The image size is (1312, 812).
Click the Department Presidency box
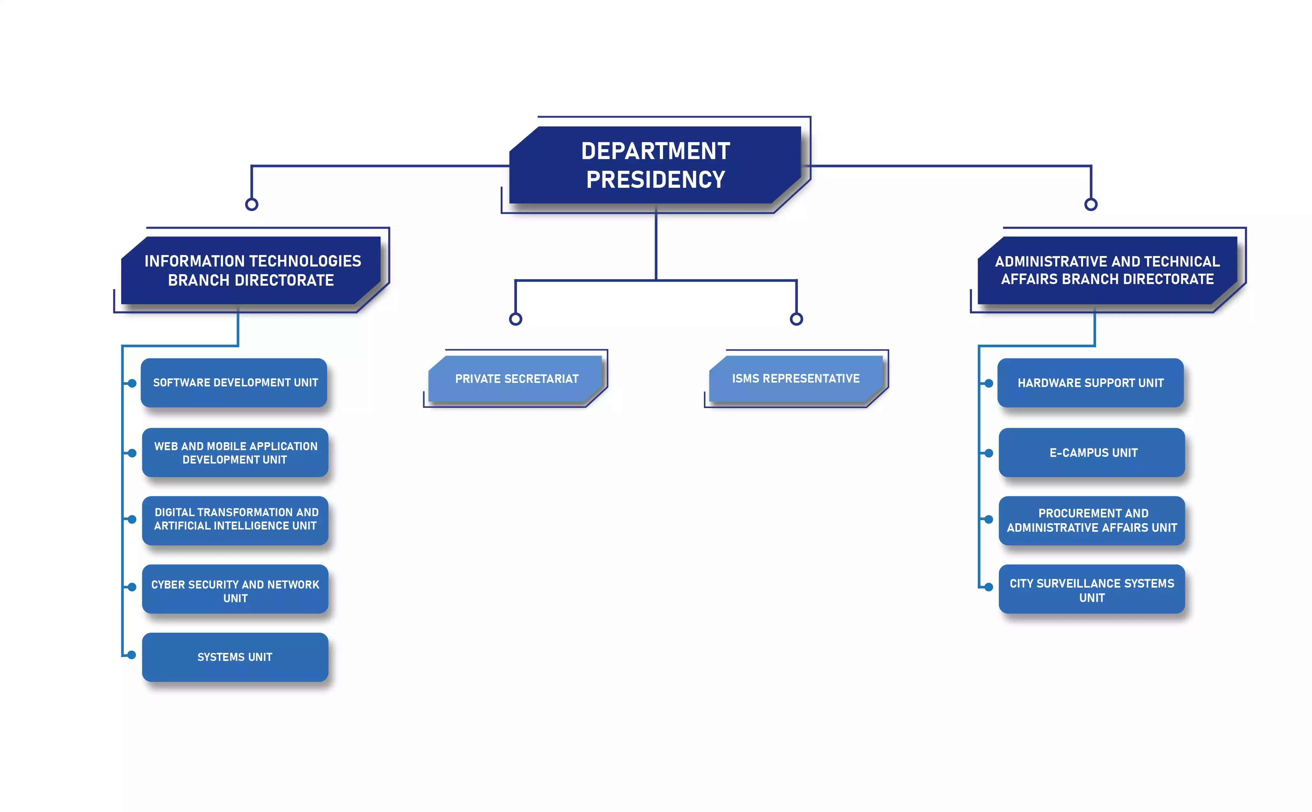pyautogui.click(x=655, y=165)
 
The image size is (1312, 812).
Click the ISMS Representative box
pyautogui.click(x=796, y=379)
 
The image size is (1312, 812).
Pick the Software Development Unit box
pyautogui.click(x=234, y=382)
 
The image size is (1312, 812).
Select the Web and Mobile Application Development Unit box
pyautogui.click(x=235, y=453)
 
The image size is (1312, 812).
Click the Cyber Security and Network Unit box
pyautogui.click(x=235, y=589)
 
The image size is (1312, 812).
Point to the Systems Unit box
pyautogui.click(x=235, y=657)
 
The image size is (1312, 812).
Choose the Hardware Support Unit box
pyautogui.click(x=1090, y=382)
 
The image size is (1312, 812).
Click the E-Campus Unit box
pyautogui.click(x=1092, y=453)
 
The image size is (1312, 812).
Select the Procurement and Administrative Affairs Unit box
pyautogui.click(x=1092, y=520)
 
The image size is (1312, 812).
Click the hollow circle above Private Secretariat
pyautogui.click(x=516, y=319)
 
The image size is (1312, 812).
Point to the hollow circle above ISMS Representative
pyautogui.click(x=796, y=319)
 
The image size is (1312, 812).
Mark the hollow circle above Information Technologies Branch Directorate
pyautogui.click(x=251, y=204)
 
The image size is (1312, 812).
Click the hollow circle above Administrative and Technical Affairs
pyautogui.click(x=1091, y=204)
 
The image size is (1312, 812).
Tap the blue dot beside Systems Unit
pyautogui.click(x=132, y=655)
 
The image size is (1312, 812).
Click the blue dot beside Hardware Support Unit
pyautogui.click(x=989, y=383)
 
